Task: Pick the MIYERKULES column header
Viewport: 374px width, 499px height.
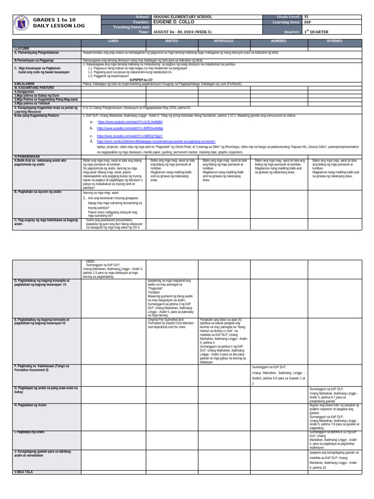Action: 224,42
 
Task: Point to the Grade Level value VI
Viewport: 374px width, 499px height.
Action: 306,17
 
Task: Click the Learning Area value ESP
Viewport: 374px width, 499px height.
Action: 308,22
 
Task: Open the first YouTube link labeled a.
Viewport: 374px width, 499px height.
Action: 116,122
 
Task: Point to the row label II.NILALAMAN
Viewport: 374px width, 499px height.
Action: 26,83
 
